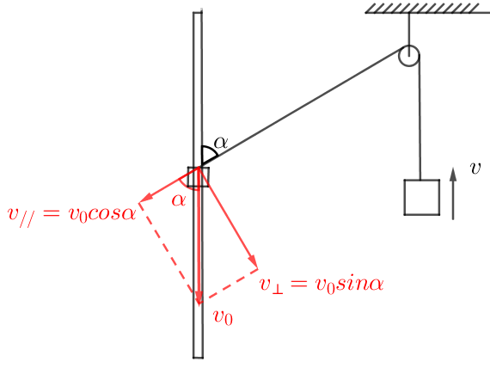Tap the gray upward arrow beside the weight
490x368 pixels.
pos(453,193)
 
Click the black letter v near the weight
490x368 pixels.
pos(475,169)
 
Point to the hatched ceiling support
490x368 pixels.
pos(427,9)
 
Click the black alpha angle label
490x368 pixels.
pos(221,143)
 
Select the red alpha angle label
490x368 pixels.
pos(179,200)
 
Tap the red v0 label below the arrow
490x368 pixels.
pos(224,317)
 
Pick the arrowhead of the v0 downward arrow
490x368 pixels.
pos(199,297)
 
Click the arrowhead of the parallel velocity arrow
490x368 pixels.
pos(146,198)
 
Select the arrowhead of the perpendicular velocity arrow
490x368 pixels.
pos(253,261)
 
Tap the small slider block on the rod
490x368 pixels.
pos(198,176)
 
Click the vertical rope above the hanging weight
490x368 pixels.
pos(420,118)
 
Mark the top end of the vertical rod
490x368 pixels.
pos(198,13)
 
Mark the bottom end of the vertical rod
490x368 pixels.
pos(198,357)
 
